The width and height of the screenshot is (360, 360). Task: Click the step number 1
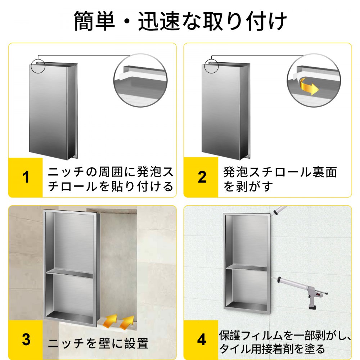[x=26, y=177]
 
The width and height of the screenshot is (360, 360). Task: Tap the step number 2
[x=202, y=177]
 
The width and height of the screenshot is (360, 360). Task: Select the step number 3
[x=26, y=339]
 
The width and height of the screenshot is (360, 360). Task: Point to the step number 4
[x=202, y=339]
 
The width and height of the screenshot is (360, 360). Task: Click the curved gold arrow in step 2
[x=308, y=86]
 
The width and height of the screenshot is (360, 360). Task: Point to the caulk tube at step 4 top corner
[x=279, y=210]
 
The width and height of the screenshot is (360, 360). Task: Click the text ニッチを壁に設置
[x=98, y=344]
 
